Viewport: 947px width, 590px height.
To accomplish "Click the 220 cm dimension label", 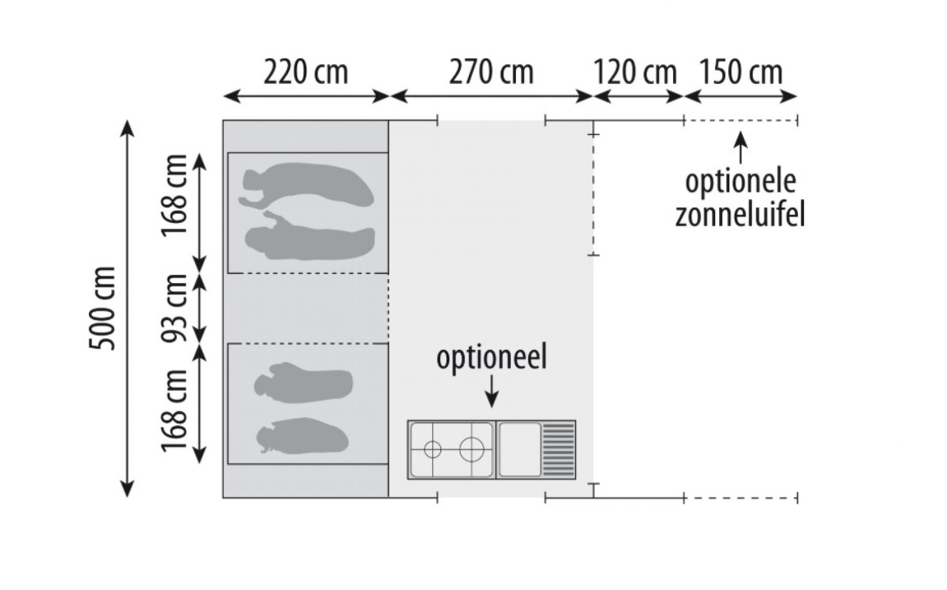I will click(x=305, y=73).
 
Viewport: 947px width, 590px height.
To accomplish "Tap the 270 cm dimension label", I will click(x=491, y=73).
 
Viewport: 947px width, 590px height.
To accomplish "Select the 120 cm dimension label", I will click(x=634, y=73).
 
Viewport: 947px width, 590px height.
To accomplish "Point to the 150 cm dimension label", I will click(x=740, y=73).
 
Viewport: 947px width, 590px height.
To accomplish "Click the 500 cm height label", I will click(x=103, y=308).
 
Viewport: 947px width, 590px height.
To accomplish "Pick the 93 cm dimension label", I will click(x=175, y=308).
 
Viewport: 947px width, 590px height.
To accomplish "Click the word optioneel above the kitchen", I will click(x=491, y=358).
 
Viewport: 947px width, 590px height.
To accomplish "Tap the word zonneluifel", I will click(x=740, y=215).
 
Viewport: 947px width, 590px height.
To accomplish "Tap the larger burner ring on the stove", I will click(x=472, y=449).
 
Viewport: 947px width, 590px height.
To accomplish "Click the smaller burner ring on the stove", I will click(x=432, y=449).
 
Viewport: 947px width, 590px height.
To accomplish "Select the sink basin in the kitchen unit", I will click(x=519, y=449).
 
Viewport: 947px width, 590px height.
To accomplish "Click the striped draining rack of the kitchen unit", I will click(x=559, y=449).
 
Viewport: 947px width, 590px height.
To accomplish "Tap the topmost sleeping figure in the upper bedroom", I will click(x=307, y=185).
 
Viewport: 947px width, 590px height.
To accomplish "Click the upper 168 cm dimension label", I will click(x=175, y=195).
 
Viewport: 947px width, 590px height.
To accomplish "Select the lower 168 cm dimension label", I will click(x=175, y=410).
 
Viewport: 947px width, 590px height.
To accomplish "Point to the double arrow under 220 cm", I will click(x=306, y=97).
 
